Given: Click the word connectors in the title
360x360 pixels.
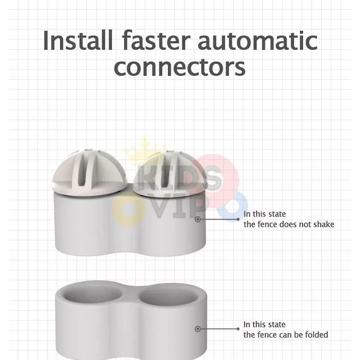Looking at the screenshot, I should click(180, 67).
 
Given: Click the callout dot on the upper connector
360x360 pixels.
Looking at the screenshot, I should click(198, 219).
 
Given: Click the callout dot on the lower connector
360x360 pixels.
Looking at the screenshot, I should click(198, 329).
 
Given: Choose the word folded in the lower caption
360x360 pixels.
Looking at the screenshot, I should click(315, 334).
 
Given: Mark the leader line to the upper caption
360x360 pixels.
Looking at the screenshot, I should click(218, 219).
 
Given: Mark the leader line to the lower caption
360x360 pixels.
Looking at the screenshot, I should click(218, 329).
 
